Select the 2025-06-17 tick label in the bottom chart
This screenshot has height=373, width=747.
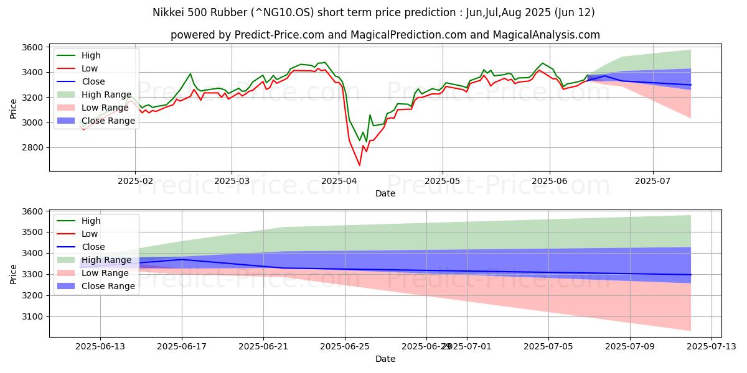182,346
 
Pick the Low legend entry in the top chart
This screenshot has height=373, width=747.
90,68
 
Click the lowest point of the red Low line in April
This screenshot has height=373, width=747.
359,165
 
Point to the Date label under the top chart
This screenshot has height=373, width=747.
385,193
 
